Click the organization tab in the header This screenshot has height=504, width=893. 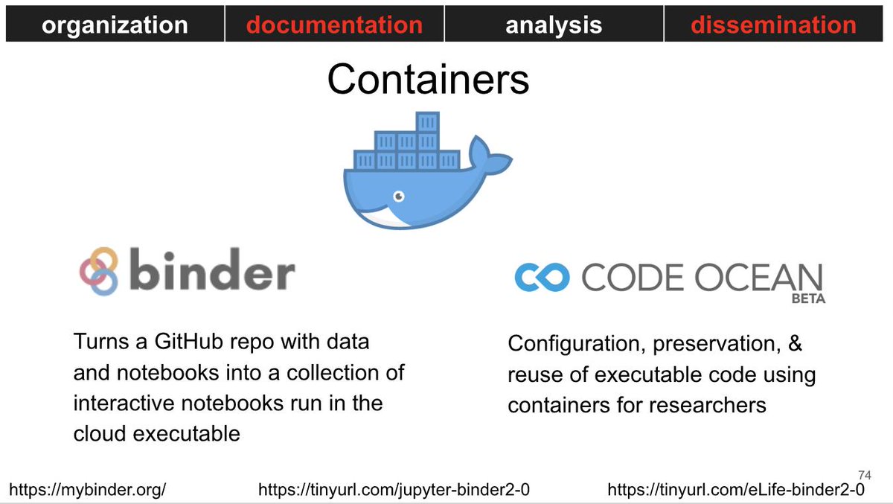coord(115,25)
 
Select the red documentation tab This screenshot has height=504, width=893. coord(334,25)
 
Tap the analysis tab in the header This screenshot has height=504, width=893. coord(554,25)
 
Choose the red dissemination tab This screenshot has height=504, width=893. coord(773,25)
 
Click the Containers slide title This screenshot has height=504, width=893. coord(428,80)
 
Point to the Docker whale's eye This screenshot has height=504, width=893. coord(399,196)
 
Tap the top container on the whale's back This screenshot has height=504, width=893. coord(427,121)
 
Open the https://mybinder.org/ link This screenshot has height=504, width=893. coord(87,490)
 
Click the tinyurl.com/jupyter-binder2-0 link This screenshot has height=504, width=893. coord(394,490)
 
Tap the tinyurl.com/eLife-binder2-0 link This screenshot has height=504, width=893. coord(736,490)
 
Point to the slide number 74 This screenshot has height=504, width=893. coord(865,474)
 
